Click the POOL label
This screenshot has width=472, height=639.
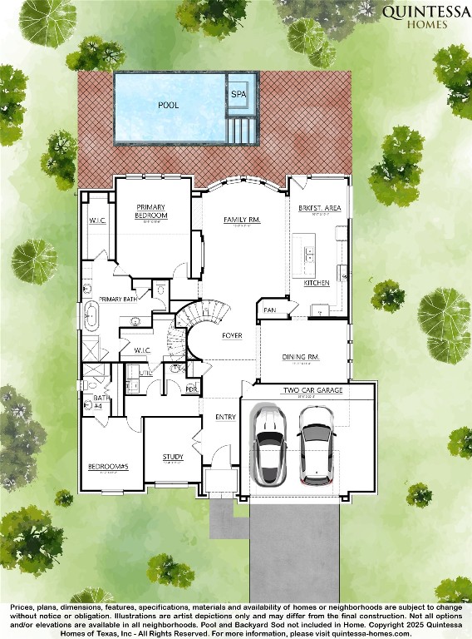pos(169,106)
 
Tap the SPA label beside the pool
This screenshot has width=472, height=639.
pos(238,95)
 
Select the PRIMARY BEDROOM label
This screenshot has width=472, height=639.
pos(152,211)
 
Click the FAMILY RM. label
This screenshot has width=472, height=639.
pos(242,220)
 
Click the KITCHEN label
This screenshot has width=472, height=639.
pos(317,283)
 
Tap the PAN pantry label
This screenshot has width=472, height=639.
pos(269,310)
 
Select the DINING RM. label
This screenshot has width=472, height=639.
pos(301,356)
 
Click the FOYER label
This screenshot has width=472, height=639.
pos(233,335)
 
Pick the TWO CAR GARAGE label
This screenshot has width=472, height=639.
pos(312,389)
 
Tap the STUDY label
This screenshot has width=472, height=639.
pos(173,457)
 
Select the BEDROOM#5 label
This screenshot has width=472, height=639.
pos(108,466)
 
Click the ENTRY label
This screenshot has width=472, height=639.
pos(225,417)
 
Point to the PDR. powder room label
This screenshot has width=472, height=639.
pos(191,389)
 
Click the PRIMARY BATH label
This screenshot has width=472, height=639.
pos(118,299)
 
